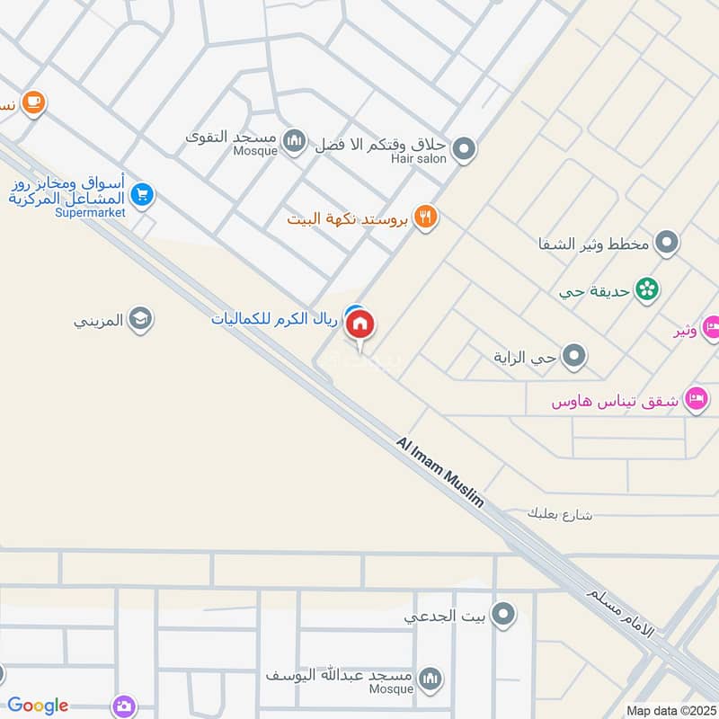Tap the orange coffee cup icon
click(x=34, y=103)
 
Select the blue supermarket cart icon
click(x=141, y=194)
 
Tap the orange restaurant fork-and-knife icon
click(x=426, y=217)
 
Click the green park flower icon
click(x=645, y=289)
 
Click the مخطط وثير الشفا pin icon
click(x=666, y=242)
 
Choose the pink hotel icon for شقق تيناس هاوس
click(x=695, y=399)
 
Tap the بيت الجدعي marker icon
click(x=504, y=615)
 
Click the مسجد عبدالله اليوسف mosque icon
click(x=431, y=676)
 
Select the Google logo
click(x=38, y=706)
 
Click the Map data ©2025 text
click(x=670, y=710)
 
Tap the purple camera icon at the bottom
click(x=124, y=706)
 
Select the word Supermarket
click(x=90, y=213)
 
